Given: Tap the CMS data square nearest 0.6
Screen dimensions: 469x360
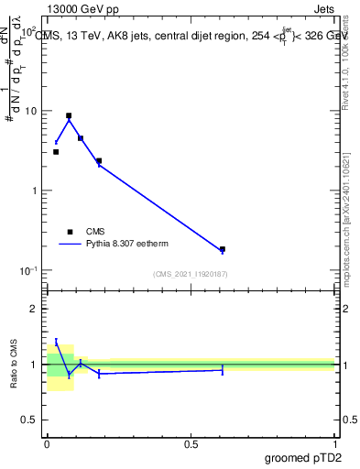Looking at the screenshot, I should [x=223, y=249].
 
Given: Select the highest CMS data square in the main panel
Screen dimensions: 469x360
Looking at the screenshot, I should [x=69, y=116].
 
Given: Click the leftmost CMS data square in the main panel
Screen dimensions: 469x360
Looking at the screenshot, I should [x=56, y=152].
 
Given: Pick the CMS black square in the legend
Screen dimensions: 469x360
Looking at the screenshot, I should [x=70, y=232].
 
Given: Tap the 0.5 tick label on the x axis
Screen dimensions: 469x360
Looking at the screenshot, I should [x=191, y=442].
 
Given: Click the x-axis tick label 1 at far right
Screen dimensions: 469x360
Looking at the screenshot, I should [x=334, y=442].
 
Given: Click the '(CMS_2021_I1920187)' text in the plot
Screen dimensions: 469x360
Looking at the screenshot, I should [x=191, y=274].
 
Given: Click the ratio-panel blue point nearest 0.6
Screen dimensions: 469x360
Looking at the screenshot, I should [x=223, y=370].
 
